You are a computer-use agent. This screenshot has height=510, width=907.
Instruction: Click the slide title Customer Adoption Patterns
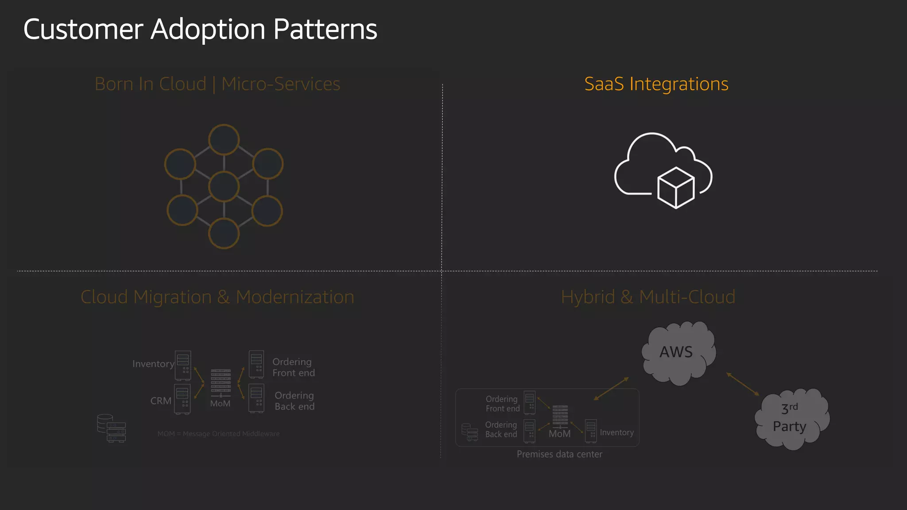200,29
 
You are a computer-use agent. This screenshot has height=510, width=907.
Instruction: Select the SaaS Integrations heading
656,84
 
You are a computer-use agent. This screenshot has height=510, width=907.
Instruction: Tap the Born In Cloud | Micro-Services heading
217,84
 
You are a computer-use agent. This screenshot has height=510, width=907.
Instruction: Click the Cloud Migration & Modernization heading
217,297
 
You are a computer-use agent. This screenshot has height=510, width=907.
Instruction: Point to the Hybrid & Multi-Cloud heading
648,297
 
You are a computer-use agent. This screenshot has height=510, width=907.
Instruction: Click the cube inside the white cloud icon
676,188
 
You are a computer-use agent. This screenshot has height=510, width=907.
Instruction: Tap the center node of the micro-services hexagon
224,186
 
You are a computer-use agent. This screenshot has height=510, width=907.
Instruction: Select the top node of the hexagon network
224,139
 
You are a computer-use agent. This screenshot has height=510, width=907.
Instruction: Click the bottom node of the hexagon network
224,233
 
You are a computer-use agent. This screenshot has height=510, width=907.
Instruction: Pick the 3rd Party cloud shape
791,418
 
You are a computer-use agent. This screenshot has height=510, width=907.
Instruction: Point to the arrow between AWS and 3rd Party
743,384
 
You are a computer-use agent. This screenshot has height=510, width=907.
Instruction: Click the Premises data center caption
559,454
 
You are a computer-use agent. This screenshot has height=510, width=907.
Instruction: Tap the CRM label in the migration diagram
161,401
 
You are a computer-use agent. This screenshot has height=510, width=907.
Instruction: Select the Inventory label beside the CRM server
153,364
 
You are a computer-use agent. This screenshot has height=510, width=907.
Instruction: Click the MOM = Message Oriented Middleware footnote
218,434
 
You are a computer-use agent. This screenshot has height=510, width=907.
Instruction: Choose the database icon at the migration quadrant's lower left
111,428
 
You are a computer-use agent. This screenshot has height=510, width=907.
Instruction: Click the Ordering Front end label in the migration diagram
293,367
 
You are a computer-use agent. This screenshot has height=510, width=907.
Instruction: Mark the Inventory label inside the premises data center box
616,433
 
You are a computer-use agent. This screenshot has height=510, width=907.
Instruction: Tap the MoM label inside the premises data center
559,434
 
